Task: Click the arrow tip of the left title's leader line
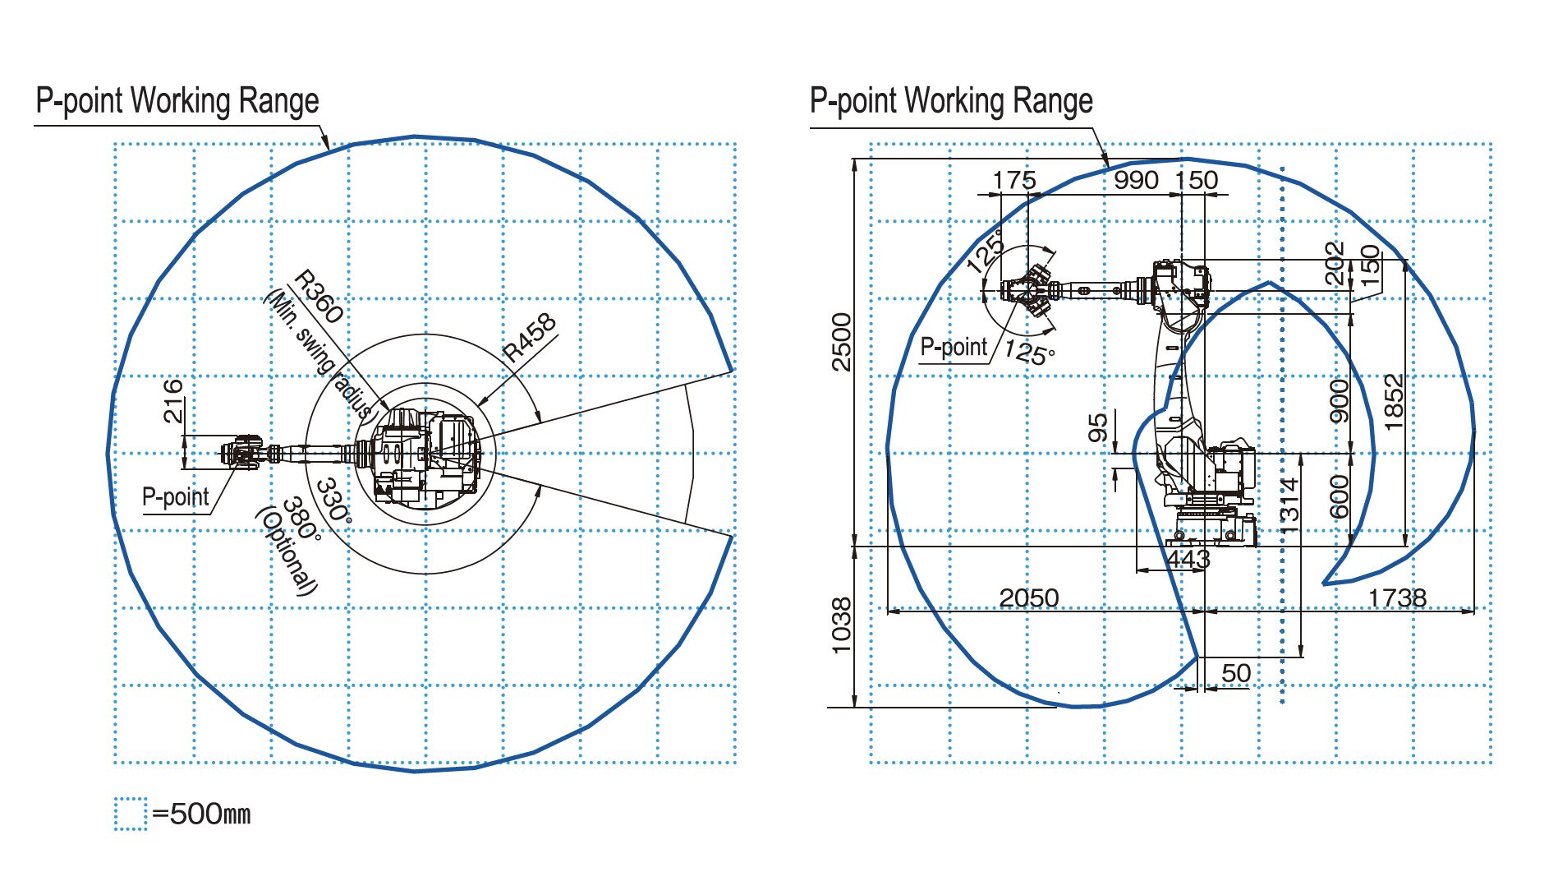point(329,149)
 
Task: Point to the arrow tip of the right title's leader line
point(1109,168)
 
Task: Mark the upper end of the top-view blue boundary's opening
point(732,371)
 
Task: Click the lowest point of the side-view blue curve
point(1078,706)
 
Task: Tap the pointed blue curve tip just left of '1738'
point(1324,584)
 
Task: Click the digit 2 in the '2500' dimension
point(842,363)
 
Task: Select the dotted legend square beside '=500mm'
point(131,814)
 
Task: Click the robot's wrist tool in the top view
point(241,452)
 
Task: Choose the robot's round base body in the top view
point(425,454)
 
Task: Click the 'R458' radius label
point(530,338)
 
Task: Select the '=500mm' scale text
point(201,814)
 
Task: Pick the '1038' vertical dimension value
point(842,625)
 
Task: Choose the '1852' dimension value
point(1394,402)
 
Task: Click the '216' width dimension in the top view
point(172,400)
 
